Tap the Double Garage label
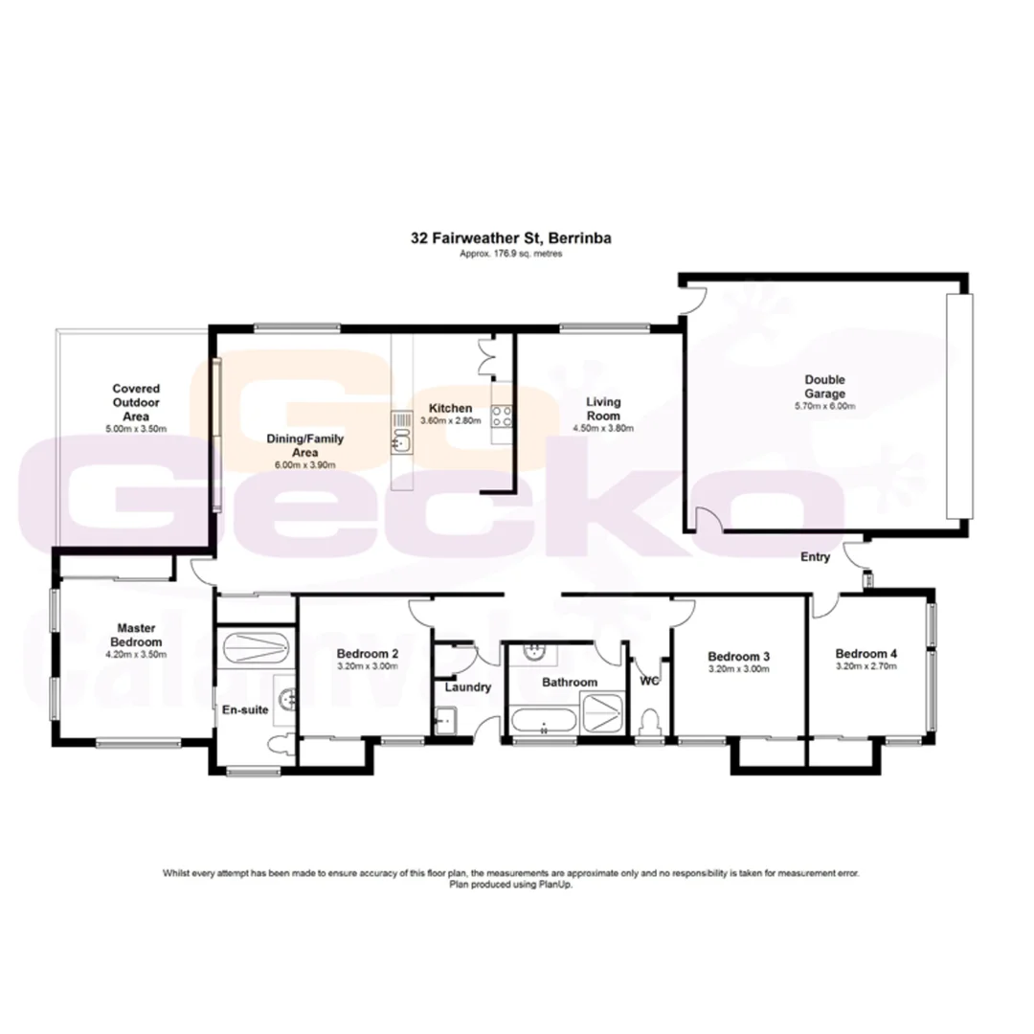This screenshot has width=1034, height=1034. coord(824,386)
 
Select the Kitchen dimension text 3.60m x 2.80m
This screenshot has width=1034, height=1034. coord(450,421)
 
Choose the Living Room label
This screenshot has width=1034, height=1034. coord(604,409)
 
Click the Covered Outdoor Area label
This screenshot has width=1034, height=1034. coord(136,403)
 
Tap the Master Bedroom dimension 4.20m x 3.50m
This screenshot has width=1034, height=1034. coord(136,655)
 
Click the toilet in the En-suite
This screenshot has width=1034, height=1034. coord(277,744)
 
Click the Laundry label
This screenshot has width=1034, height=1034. coord(468,686)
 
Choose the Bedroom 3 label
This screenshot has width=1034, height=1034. coord(738,657)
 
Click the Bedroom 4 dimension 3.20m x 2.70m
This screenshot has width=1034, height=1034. coord(865,665)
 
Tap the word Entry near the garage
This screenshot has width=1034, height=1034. coord(816,557)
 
